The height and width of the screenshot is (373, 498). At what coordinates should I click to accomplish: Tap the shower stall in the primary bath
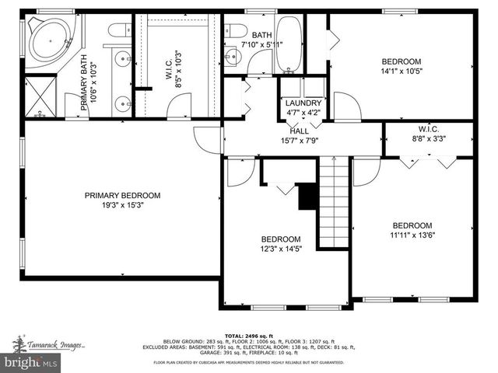coord(40,95)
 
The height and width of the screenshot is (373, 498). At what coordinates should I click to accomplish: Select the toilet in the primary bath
coord(118,30)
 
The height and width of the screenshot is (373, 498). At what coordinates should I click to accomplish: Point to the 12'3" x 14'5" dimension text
coord(281,249)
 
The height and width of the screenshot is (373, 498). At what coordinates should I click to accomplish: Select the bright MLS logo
coord(31,362)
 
